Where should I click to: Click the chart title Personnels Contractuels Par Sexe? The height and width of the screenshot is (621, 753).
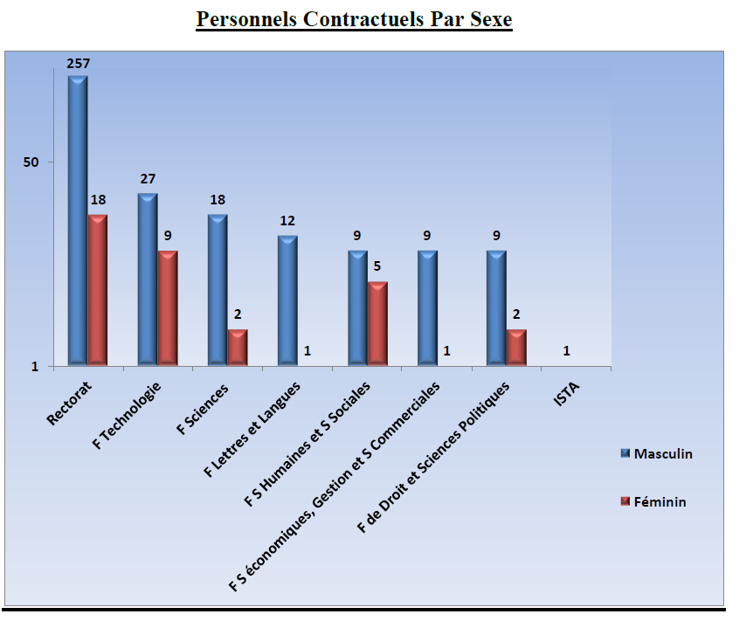pyautogui.click(x=354, y=19)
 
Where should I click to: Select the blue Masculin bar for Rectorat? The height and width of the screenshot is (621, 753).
pyautogui.click(x=78, y=218)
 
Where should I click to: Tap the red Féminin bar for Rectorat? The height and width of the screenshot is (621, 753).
pyautogui.click(x=98, y=288)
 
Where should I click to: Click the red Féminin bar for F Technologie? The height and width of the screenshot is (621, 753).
pyautogui.click(x=168, y=307)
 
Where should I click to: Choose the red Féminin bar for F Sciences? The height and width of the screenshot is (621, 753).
pyautogui.click(x=238, y=346)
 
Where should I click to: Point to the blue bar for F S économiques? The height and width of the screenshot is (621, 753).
pyautogui.click(x=427, y=307)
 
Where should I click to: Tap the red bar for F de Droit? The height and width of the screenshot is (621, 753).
pyautogui.click(x=516, y=346)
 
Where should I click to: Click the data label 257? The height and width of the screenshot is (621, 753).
pyautogui.click(x=79, y=64)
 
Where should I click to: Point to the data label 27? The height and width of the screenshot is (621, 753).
pyautogui.click(x=148, y=179)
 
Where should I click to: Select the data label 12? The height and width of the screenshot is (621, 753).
pyautogui.click(x=287, y=221)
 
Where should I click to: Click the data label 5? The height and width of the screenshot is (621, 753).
pyautogui.click(x=377, y=267)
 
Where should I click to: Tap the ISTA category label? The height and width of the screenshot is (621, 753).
pyautogui.click(x=566, y=399)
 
